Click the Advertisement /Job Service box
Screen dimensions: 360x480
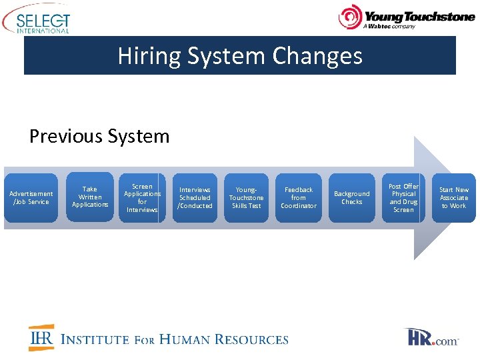coord(31,198)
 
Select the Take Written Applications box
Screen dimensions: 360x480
coord(90,197)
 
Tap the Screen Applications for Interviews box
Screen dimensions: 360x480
coord(142,198)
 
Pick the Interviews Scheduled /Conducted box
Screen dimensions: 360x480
coord(195,198)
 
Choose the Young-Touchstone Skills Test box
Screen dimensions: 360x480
coord(247,198)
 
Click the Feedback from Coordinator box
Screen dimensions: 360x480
coord(299,198)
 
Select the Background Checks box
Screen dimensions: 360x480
coord(351,198)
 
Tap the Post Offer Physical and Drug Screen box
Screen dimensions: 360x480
coord(403,198)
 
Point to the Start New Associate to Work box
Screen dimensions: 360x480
coord(454,198)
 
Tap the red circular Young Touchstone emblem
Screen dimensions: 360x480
coord(350,17)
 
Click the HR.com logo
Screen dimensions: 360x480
coord(431,337)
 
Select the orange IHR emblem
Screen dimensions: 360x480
coord(41,338)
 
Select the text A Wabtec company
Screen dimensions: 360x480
coord(389,27)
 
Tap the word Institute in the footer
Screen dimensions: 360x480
coord(95,339)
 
